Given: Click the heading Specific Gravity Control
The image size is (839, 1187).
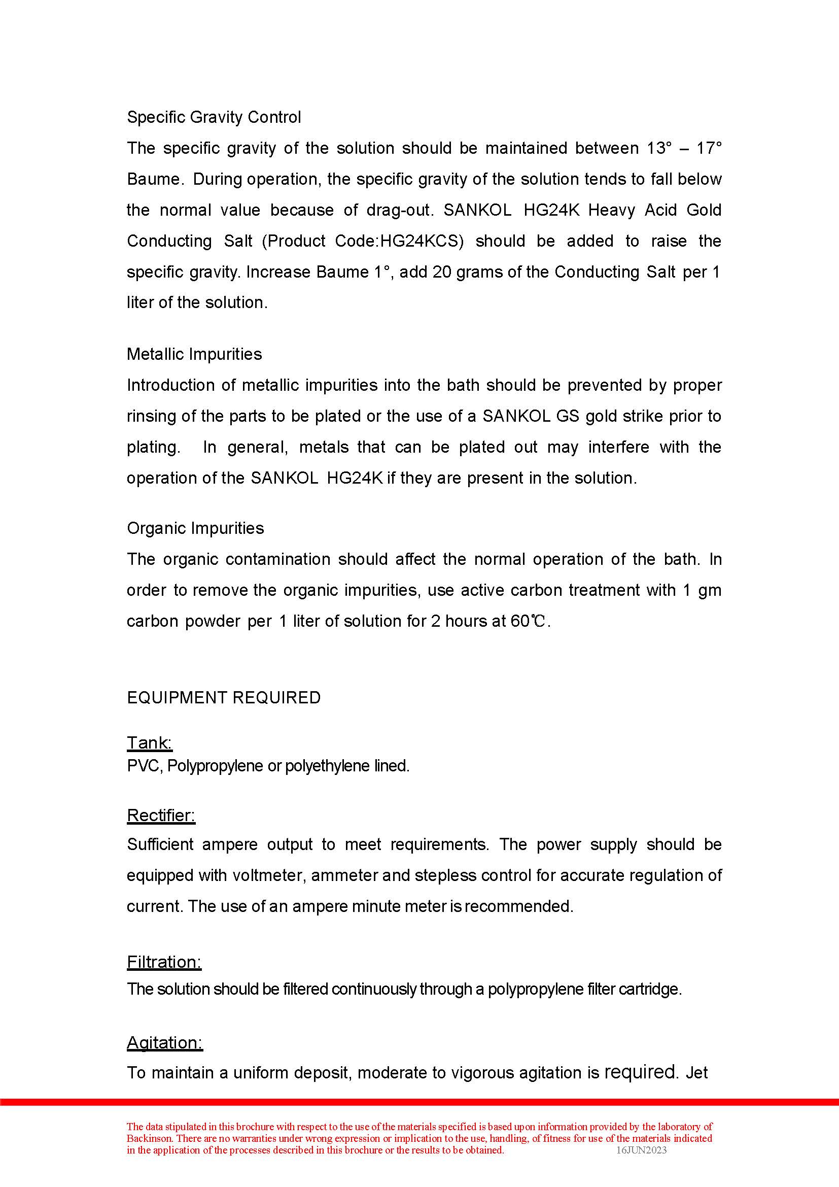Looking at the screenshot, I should coord(214,117).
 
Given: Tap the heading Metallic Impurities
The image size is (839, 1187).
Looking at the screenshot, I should coord(194,354).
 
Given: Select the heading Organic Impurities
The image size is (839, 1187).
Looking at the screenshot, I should coord(195,528).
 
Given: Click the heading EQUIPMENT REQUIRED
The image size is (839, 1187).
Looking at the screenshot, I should coord(223,698).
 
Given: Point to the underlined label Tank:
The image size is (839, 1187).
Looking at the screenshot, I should coord(149,743).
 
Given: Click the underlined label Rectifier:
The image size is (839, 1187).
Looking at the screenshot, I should coord(161,816).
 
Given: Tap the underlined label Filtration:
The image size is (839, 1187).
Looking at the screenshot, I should coord(164,962).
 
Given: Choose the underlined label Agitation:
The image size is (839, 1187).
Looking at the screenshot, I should coord(164,1042).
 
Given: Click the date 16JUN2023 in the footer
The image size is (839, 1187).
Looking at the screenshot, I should coord(641,1150).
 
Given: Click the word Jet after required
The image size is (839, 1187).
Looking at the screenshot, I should coord(696,1073).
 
